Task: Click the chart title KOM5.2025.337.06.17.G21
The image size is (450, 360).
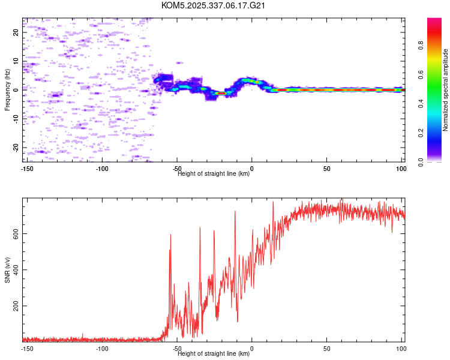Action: point(214,5)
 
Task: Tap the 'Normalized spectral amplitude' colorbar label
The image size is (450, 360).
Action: point(446,90)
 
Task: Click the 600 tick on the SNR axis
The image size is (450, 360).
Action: point(15,233)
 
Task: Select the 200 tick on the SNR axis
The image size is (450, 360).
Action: point(15,306)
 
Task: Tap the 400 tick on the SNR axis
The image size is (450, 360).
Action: point(15,270)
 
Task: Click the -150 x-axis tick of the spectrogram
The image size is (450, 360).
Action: point(27,168)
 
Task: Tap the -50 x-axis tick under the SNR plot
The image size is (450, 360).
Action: point(176,348)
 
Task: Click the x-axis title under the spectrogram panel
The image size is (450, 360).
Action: point(214,174)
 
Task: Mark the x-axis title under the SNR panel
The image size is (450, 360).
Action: point(214,354)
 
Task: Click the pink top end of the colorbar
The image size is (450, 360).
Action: point(434,20)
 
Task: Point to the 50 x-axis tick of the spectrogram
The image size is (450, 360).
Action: point(326,168)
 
